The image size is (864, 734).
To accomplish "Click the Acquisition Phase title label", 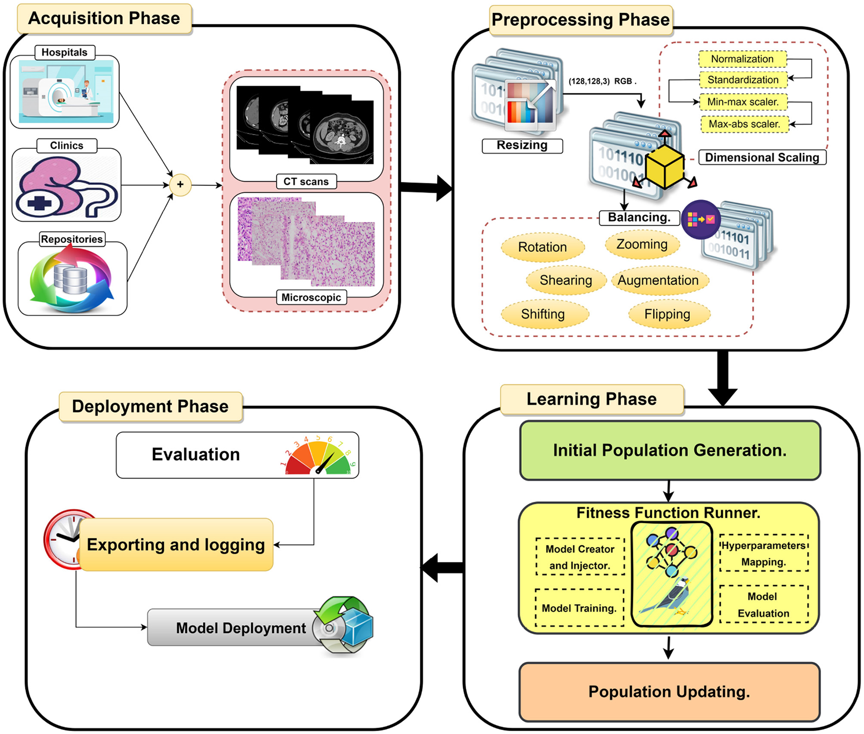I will pyautogui.click(x=104, y=19).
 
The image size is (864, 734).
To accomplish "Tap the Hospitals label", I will pyautogui.click(x=64, y=52).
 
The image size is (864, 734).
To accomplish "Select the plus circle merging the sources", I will pyautogui.click(x=180, y=184).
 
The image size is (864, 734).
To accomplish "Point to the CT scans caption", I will pyautogui.click(x=306, y=181).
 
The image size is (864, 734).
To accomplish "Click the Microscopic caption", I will pyautogui.click(x=311, y=298).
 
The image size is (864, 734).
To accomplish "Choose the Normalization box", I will pyautogui.click(x=742, y=59).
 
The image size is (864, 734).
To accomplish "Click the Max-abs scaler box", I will pyautogui.click(x=744, y=124).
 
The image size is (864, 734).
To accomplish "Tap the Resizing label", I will pyautogui.click(x=522, y=145).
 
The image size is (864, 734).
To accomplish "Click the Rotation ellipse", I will pyautogui.click(x=542, y=247).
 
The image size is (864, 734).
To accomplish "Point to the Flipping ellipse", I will pyautogui.click(x=668, y=314).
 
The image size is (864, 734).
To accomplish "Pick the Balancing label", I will pyautogui.click(x=639, y=218).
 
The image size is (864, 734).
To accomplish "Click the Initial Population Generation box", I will pyautogui.click(x=670, y=450).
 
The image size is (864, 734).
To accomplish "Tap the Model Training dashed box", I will pyautogui.click(x=579, y=608).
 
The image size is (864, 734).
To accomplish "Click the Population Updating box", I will pyautogui.click(x=669, y=692).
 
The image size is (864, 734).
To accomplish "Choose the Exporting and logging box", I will pyautogui.click(x=176, y=545).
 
